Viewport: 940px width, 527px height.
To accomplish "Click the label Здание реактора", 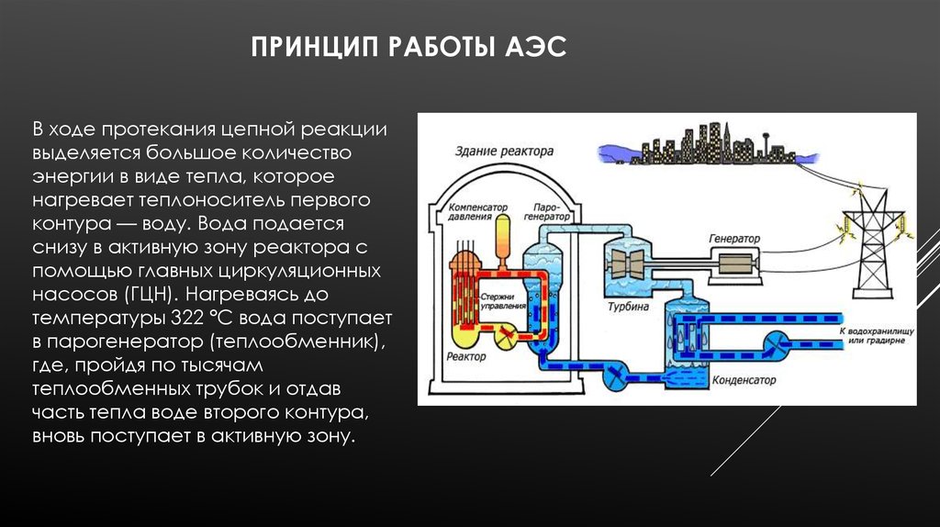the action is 504,151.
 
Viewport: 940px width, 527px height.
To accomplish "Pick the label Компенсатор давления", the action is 477,212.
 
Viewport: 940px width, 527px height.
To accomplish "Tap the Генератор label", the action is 734,239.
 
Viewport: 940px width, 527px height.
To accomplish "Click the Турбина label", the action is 628,307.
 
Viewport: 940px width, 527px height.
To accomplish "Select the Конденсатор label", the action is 744,380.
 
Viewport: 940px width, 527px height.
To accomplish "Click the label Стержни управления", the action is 503,301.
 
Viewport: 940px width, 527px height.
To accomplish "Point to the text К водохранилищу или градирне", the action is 877,336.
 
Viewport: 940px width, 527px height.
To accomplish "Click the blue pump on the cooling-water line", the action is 777,345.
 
